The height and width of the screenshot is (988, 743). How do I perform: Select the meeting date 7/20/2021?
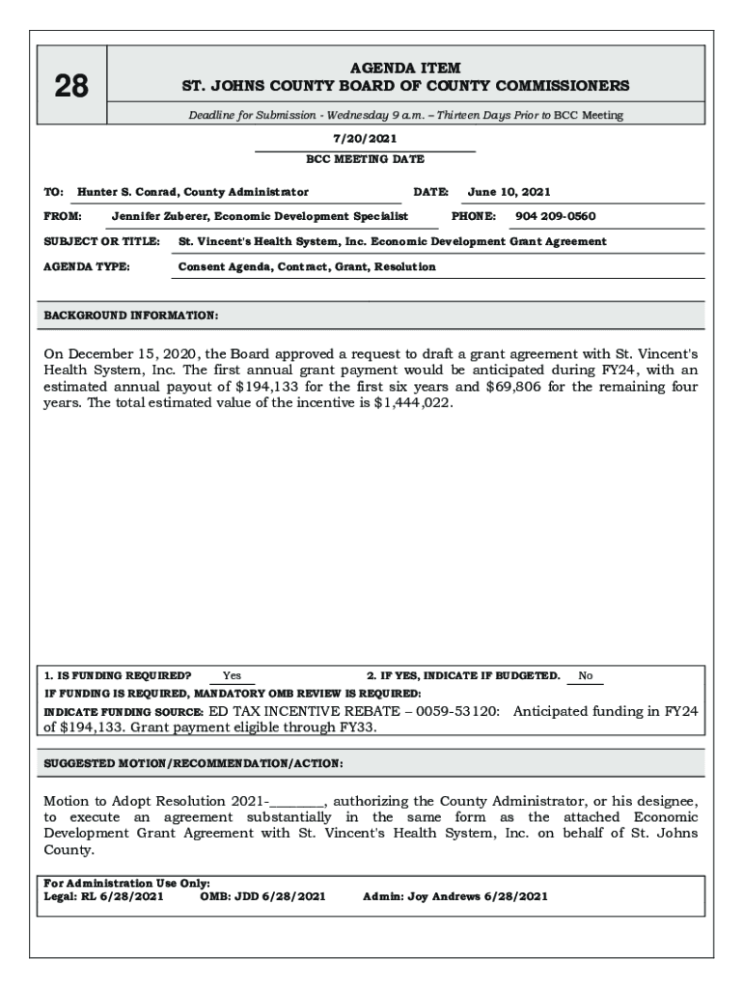click(x=365, y=139)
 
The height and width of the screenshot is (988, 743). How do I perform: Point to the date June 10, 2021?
click(x=509, y=192)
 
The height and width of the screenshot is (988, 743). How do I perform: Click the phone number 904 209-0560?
click(x=555, y=216)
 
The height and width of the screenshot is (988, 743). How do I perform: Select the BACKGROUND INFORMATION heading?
click(x=131, y=316)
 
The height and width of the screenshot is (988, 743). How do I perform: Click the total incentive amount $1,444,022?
click(x=412, y=403)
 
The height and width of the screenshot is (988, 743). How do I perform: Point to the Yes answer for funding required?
click(x=232, y=676)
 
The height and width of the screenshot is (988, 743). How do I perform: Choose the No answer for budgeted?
click(x=585, y=676)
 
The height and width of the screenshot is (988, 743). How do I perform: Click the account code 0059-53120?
click(x=457, y=711)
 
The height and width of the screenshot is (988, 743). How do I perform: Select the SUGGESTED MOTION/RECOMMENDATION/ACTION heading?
click(x=193, y=763)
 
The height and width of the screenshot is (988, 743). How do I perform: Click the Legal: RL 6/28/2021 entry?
click(x=104, y=896)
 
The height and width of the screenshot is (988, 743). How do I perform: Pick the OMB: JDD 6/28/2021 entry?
click(x=262, y=896)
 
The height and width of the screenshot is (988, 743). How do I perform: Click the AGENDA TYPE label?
click(x=87, y=266)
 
